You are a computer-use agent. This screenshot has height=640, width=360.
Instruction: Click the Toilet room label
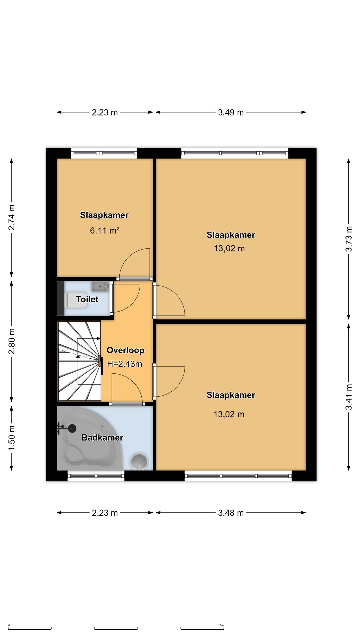[x=87, y=299]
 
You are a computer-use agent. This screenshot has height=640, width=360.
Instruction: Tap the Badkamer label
[x=102, y=438]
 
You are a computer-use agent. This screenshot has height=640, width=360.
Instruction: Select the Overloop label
[x=125, y=350]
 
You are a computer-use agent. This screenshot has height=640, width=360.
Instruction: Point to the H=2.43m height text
[x=125, y=364]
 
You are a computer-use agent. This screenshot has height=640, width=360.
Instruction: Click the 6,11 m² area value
[x=105, y=230]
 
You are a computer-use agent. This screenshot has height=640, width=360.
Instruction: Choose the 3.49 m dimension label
[x=231, y=112]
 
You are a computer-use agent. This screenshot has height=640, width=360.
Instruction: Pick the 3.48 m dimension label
[x=231, y=513]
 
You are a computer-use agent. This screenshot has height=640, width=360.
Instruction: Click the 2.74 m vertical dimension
[x=12, y=217]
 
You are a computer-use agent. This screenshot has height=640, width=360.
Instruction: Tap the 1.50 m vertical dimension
[x=12, y=438]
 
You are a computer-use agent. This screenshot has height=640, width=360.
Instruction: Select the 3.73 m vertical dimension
[x=349, y=239]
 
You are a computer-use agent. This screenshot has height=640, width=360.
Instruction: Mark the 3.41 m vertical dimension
[x=349, y=397]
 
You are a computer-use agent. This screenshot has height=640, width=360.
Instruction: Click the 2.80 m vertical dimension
[x=12, y=341]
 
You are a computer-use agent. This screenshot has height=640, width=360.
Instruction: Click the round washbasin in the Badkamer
[x=139, y=461]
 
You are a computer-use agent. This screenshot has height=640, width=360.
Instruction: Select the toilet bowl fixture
[x=76, y=300]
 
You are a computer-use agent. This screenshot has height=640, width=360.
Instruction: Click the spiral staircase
[x=79, y=361]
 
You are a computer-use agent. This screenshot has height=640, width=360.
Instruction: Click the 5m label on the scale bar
[x=222, y=625]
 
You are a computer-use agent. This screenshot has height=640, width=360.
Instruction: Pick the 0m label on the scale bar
[x=10, y=625]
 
